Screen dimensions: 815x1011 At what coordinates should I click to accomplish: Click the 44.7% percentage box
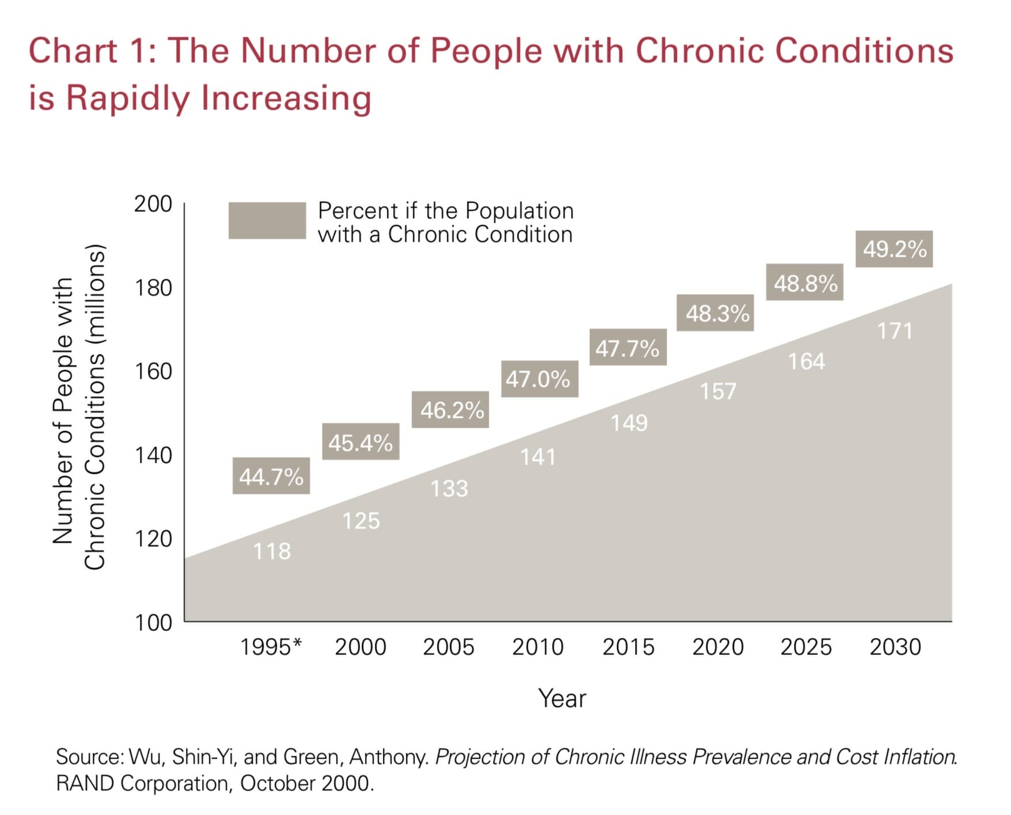(x=271, y=476)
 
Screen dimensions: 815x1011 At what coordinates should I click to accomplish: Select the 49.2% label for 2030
(x=894, y=249)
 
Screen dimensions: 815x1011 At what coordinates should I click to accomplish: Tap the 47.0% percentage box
(x=539, y=379)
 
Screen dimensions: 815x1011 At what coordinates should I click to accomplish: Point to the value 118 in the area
(x=272, y=551)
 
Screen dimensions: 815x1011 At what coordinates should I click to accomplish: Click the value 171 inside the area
(x=895, y=331)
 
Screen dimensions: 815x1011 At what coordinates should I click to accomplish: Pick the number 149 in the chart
(x=629, y=423)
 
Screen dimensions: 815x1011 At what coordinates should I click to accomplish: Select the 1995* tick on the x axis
(x=271, y=647)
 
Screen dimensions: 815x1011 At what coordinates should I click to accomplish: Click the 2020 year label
(x=718, y=647)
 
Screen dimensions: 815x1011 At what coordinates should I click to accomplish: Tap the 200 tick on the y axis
(x=153, y=204)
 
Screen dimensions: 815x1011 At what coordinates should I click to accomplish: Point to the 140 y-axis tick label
(x=153, y=455)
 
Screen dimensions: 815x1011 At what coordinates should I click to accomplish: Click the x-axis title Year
(x=562, y=698)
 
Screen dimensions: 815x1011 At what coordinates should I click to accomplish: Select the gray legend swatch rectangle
(x=267, y=220)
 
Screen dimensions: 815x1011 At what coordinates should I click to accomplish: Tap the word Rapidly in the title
(x=127, y=98)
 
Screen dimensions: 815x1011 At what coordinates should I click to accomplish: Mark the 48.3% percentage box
(x=715, y=313)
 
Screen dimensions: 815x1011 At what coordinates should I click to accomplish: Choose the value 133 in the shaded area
(x=450, y=489)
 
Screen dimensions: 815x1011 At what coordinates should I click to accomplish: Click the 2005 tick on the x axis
(x=449, y=647)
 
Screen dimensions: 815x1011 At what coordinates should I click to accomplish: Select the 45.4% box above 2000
(x=360, y=442)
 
